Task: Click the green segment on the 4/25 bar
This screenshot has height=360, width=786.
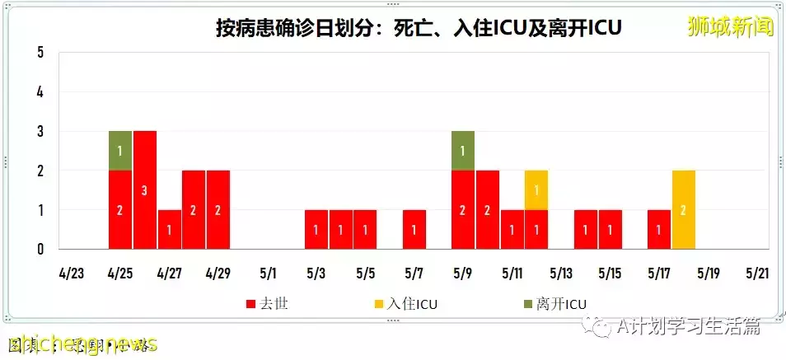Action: pyautogui.click(x=120, y=150)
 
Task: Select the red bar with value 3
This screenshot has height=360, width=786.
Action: pyautogui.click(x=145, y=189)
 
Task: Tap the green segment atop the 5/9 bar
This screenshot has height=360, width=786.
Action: pyautogui.click(x=462, y=150)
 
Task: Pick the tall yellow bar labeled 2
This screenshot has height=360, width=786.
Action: pyautogui.click(x=684, y=209)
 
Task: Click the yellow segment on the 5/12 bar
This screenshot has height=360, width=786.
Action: pyautogui.click(x=536, y=189)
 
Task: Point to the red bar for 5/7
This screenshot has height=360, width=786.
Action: pyautogui.click(x=414, y=229)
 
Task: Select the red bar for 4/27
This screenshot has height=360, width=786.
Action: pyautogui.click(x=170, y=229)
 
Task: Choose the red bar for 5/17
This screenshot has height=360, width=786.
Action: pyautogui.click(x=659, y=229)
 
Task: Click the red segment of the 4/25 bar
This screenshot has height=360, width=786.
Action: pyautogui.click(x=120, y=209)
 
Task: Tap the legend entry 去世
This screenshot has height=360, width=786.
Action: pyautogui.click(x=268, y=304)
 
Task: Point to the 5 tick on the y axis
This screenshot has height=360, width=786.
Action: pyautogui.click(x=40, y=54)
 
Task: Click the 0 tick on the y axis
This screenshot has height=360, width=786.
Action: pyautogui.click(x=40, y=249)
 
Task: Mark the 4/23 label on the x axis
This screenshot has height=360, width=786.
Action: pyautogui.click(x=71, y=273)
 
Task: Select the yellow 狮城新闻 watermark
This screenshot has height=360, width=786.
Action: pyautogui.click(x=731, y=28)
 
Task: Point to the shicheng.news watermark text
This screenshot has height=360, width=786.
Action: pyautogui.click(x=82, y=344)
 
